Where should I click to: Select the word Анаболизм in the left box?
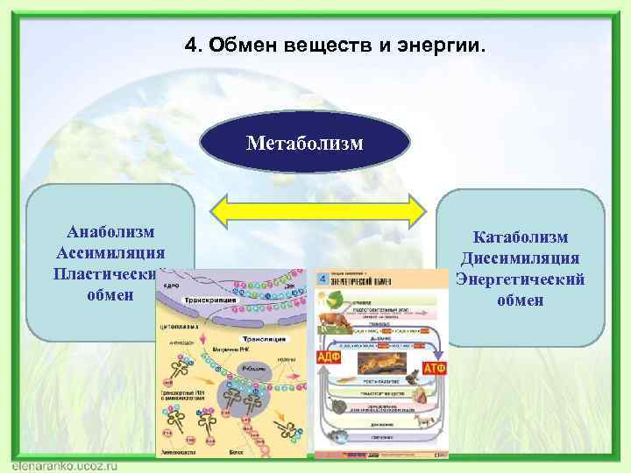[110, 231]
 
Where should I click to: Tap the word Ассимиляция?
[110, 252]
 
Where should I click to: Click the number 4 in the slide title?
[191, 44]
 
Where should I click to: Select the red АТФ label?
[435, 368]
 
